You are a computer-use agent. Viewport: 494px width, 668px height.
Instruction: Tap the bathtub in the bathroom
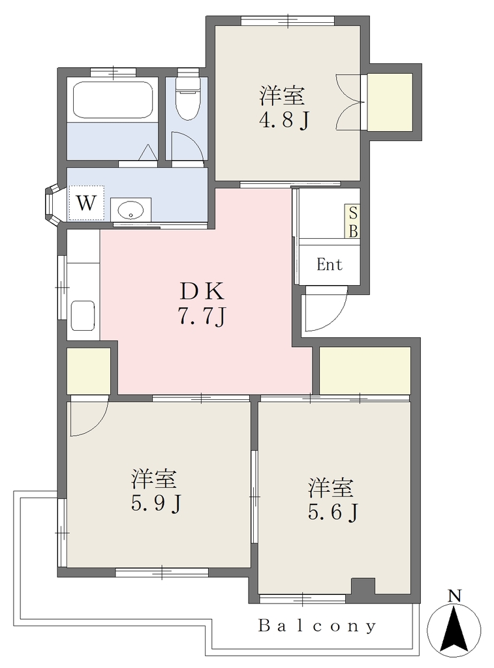[x=112, y=100]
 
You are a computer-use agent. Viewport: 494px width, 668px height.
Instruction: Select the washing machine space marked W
[x=87, y=203]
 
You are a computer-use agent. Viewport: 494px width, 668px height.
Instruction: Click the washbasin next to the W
[x=131, y=209]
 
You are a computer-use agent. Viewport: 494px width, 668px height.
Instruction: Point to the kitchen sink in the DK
[x=83, y=316]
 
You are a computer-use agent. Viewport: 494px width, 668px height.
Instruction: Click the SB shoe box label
[x=353, y=222]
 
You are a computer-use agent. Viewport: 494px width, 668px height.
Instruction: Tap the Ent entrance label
[x=330, y=265]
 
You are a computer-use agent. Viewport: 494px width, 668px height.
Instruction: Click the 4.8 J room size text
[x=283, y=121]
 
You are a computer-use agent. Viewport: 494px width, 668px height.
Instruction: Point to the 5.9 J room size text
[x=156, y=504]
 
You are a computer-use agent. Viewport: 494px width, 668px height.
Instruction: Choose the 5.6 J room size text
[x=333, y=513]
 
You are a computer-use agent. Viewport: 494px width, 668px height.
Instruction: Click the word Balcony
[x=318, y=626]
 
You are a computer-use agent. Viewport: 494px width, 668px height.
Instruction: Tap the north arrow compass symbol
[x=454, y=622]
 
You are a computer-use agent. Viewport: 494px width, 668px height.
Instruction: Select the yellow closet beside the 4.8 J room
[x=390, y=102]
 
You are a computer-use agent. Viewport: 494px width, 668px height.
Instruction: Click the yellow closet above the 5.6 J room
[x=365, y=371]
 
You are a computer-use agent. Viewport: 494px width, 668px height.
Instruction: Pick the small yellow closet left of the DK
[x=89, y=371]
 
